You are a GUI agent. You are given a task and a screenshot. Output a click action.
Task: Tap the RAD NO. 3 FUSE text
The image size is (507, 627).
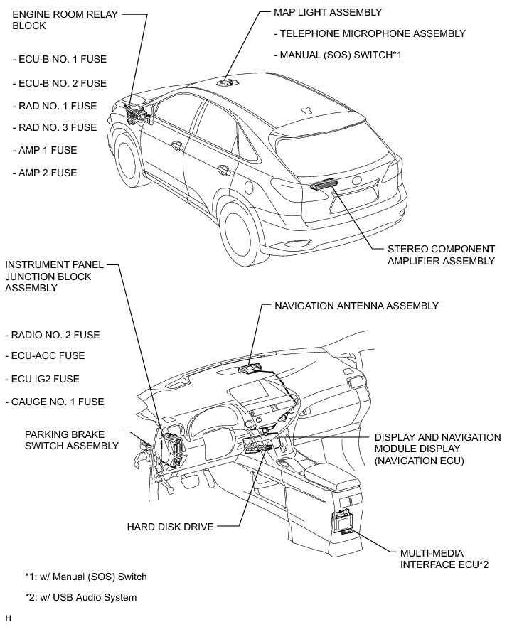[55, 127]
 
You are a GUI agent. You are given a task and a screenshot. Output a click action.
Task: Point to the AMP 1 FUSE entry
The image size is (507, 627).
[45, 151]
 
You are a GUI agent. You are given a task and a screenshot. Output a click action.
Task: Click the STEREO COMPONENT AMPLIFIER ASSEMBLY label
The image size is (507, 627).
[441, 255]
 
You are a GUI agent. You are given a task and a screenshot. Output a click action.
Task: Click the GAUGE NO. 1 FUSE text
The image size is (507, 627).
[58, 402]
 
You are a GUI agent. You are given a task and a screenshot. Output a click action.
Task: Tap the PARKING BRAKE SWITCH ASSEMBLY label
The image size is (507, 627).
[71, 439]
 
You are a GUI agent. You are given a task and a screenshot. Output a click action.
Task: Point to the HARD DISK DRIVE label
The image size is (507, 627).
[170, 527]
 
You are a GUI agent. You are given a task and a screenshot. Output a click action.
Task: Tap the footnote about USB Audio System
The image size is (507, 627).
[80, 597]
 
